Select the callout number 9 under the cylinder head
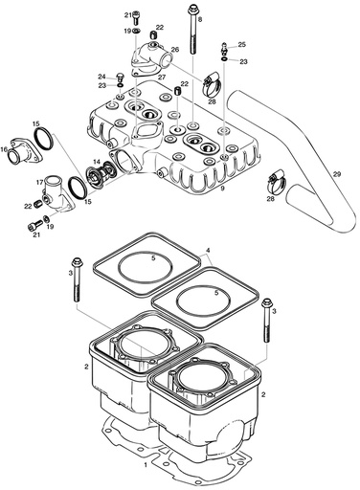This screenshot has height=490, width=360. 222,189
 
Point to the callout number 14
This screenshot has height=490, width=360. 97,164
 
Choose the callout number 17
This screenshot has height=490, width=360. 40,182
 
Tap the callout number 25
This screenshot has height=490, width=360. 241,45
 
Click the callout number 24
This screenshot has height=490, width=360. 101,77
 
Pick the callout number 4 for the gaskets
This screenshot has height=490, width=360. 207,251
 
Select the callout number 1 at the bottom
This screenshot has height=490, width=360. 144,464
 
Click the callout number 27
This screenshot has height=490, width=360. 162,78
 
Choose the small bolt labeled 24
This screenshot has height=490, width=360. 120,77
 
